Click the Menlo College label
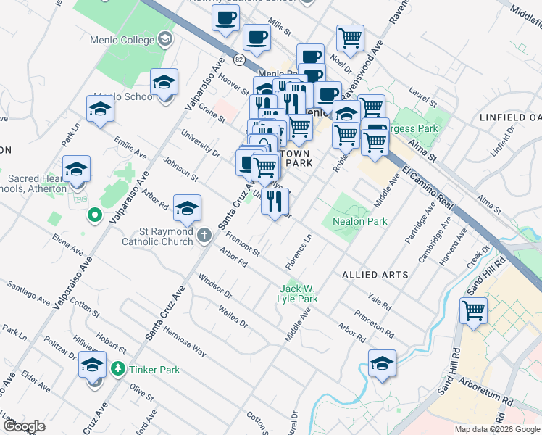(128, 38)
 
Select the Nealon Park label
(359, 221)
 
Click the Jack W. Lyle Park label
(299, 294)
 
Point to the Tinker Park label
(154, 370)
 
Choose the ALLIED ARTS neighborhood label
(374, 275)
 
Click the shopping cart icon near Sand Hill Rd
(473, 310)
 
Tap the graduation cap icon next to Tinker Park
(92, 365)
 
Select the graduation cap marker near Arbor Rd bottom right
(382, 363)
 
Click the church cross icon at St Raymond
(204, 235)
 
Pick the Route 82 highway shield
(239, 58)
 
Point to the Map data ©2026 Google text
(497, 429)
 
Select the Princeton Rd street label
(375, 325)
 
